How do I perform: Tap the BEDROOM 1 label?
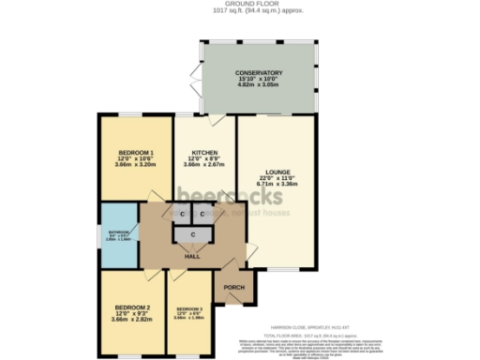pos(135,152)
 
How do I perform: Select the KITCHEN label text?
pos(205,152)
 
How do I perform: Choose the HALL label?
pos(192,256)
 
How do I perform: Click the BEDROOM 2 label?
pos(132,307)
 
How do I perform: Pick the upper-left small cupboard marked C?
pos(182,214)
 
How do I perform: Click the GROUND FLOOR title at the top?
pos(239,4)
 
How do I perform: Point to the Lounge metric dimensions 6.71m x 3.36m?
pos(277,185)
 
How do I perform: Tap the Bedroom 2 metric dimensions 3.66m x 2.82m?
pos(132,320)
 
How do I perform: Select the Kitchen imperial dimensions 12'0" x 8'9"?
pos(205,158)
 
